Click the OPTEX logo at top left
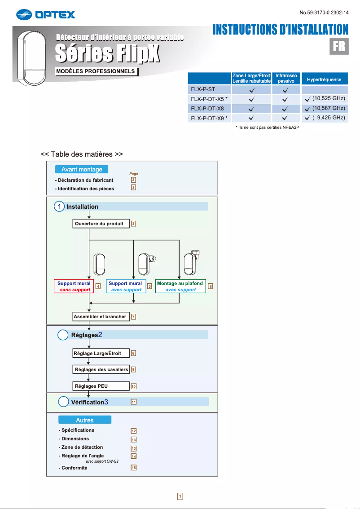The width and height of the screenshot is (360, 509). pos(45,15)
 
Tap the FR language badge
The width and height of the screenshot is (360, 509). pos(339,46)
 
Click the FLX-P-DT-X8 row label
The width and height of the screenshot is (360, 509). pos(208,108)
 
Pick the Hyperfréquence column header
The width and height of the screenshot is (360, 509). pos(324,79)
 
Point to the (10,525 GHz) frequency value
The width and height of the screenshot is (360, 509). pos(328,98)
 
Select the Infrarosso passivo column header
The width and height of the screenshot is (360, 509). pos(286,79)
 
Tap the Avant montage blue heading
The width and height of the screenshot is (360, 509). pos(82,169)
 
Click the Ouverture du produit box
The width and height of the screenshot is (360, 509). pos(99,224)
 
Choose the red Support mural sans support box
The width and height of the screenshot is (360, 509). pos(74,286)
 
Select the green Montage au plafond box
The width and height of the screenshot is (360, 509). pos(180,286)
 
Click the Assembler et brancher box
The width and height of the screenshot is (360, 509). pos(100,316)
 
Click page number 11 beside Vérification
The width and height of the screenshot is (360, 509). pos(134,402)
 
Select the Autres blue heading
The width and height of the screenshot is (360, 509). pos(85,420)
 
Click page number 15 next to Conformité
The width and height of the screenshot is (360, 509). pos(134,468)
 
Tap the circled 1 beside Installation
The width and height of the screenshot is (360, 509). pos(59,206)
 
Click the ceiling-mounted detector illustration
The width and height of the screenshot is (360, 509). pos(192,263)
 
